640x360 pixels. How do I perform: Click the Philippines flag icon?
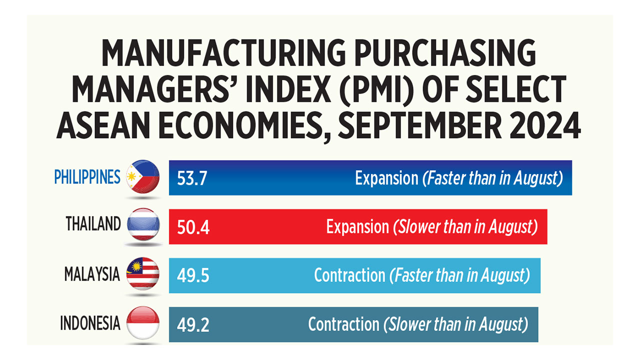click(143, 177)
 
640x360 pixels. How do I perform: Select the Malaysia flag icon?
click(143, 273)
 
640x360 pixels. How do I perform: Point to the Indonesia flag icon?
click(143, 323)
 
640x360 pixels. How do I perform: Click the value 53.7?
click(192, 178)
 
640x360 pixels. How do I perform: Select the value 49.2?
click(192, 325)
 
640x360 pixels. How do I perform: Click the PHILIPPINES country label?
click(87, 177)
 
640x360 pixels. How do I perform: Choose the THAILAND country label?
click(93, 224)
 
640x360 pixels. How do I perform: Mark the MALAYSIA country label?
click(92, 274)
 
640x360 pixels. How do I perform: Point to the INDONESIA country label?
click(90, 323)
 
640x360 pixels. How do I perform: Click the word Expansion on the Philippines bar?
click(386, 178)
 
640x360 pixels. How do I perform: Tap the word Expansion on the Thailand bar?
click(357, 227)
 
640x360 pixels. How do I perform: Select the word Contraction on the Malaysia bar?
click(349, 275)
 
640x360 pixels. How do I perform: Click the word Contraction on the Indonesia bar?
click(343, 324)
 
